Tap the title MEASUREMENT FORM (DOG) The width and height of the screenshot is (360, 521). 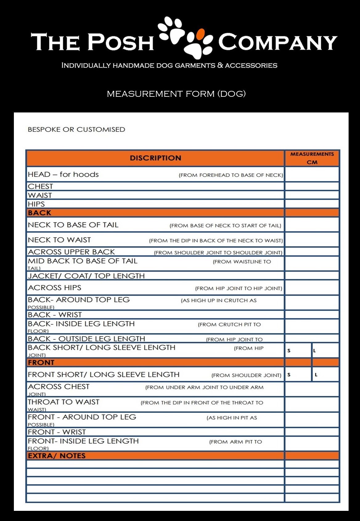coord(176,94)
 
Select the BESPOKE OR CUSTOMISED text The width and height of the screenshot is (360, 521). coord(76,129)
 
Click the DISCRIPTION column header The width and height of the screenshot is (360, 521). coord(155,158)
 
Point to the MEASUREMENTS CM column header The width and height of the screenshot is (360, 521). coord(312,158)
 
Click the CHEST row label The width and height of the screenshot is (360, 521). coord(40,186)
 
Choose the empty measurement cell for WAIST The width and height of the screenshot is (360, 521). coord(312,195)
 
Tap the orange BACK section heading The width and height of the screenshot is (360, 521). coord(39,213)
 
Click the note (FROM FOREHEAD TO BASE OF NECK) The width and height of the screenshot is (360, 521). coord(231,175)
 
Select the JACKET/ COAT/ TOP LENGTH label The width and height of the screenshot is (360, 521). coord(86,276)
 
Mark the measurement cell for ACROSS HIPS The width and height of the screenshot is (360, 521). coord(312,288)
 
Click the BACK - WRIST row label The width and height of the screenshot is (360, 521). coord(55,315)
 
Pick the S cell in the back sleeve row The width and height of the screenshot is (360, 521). coord(298,351)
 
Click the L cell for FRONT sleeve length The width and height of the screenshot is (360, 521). coord(325,375)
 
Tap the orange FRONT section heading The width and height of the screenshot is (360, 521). coord(41,362)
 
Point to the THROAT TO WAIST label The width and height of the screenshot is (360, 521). coord(63,402)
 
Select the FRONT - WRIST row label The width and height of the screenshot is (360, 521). coord(57,432)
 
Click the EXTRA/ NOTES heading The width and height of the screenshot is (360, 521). coord(57,456)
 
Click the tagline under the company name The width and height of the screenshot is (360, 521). coord(169,65)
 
